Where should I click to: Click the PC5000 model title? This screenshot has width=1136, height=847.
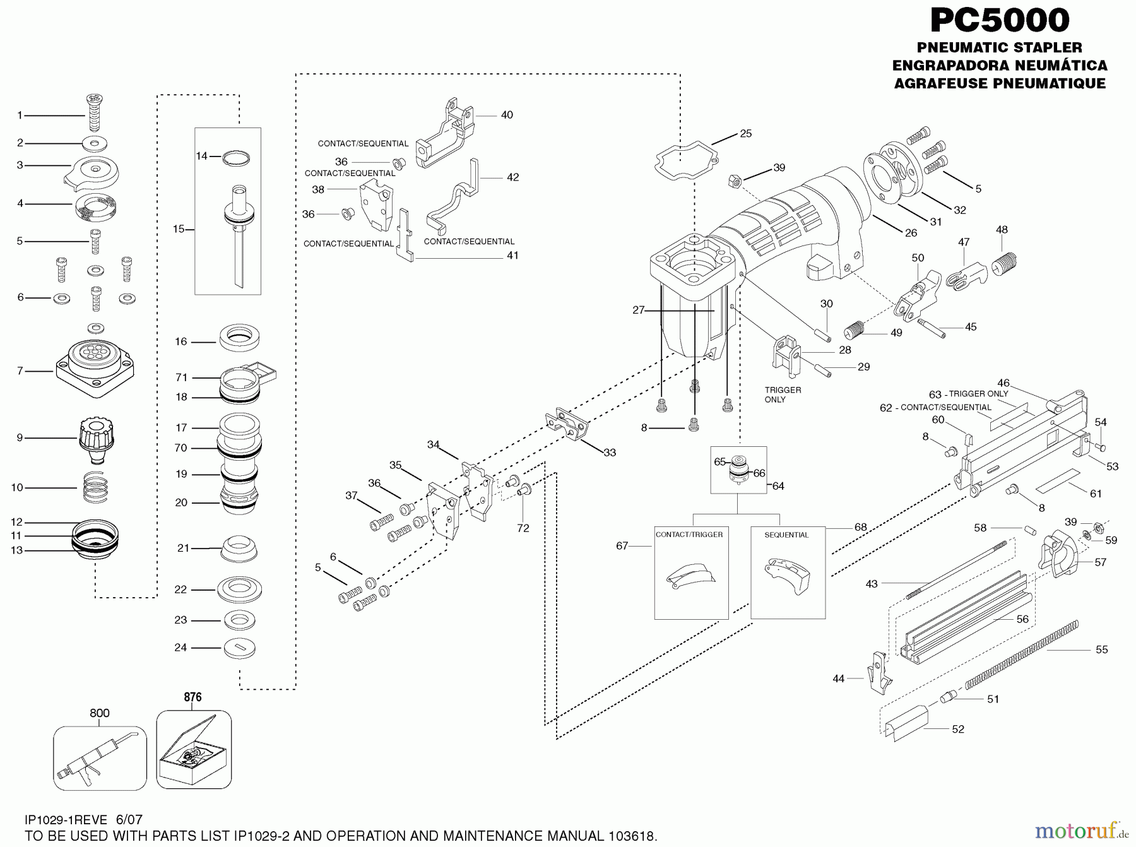(1000, 20)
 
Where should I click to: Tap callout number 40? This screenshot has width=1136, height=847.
(507, 115)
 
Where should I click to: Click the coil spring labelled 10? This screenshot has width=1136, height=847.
(96, 487)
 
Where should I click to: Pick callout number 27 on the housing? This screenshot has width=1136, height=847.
(639, 310)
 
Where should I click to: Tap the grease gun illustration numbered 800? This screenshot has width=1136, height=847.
(100, 757)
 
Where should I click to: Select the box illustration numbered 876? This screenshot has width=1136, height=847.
(193, 750)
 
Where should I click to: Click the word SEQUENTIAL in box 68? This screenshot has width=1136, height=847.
(786, 535)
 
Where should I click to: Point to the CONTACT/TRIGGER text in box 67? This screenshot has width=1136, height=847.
(689, 535)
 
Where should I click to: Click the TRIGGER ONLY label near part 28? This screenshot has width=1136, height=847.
(783, 394)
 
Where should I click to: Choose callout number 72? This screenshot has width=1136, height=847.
(523, 528)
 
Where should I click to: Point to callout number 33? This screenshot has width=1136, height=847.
(609, 453)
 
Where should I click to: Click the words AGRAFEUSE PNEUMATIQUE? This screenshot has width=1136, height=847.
(1000, 83)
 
